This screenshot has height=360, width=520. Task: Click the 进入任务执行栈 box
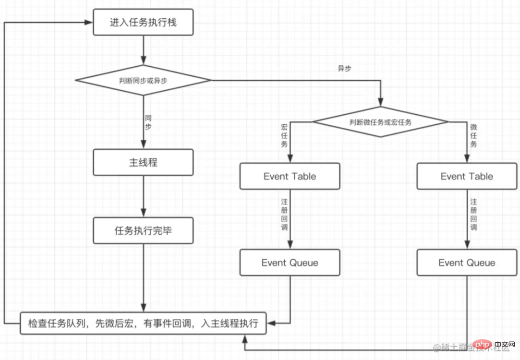[x=143, y=22]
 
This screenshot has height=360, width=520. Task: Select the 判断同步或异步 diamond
[x=143, y=81]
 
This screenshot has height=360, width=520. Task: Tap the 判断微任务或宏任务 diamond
[x=380, y=122]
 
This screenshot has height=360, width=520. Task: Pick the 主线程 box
[x=143, y=162]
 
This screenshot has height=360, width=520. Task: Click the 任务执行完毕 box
[x=143, y=230]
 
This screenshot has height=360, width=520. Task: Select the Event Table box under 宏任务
[x=290, y=176]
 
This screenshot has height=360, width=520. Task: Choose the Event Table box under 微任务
[x=467, y=176]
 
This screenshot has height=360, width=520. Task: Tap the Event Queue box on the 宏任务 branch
[x=290, y=263]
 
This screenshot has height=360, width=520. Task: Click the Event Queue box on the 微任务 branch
[x=467, y=263]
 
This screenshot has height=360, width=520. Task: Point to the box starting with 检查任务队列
[x=143, y=323]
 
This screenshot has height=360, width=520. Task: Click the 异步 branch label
[x=344, y=69]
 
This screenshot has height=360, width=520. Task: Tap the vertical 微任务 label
[x=473, y=136]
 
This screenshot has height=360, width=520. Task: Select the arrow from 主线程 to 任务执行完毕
[x=143, y=196]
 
